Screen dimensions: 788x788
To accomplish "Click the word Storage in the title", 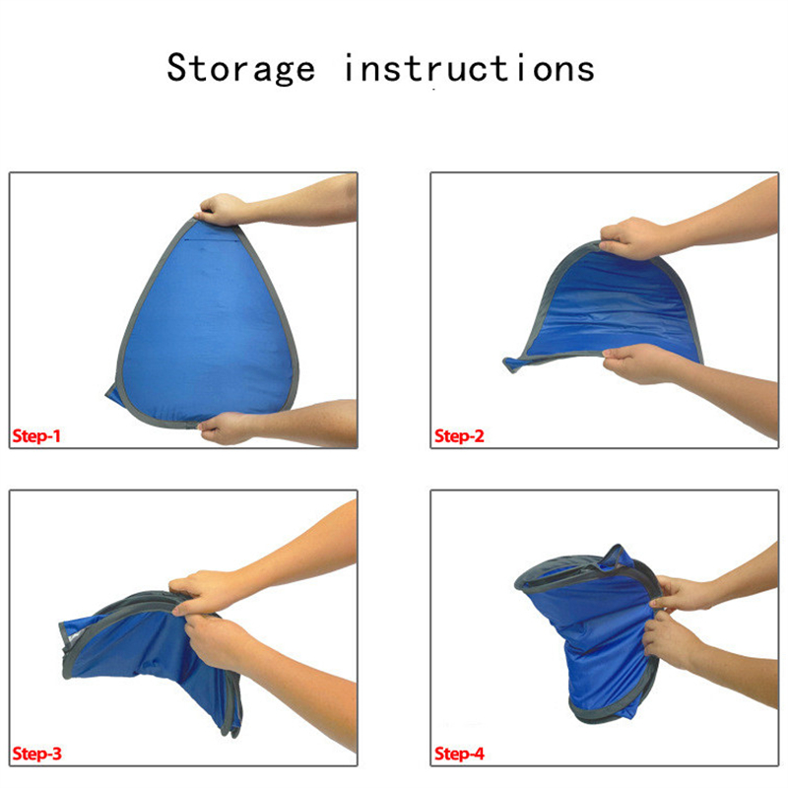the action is pos(240,69).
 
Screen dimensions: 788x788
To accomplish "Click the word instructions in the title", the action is pos(470,68).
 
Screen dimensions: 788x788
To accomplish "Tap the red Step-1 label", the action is pos(36,435).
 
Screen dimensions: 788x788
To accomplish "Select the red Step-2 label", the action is pos(459,435).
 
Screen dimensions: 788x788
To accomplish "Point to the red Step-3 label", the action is pos(36,754).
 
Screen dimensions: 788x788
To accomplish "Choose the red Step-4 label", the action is pos(459,754).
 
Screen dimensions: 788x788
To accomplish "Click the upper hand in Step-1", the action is pos(223,210).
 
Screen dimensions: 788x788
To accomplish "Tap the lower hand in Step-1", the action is pos(226,428).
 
